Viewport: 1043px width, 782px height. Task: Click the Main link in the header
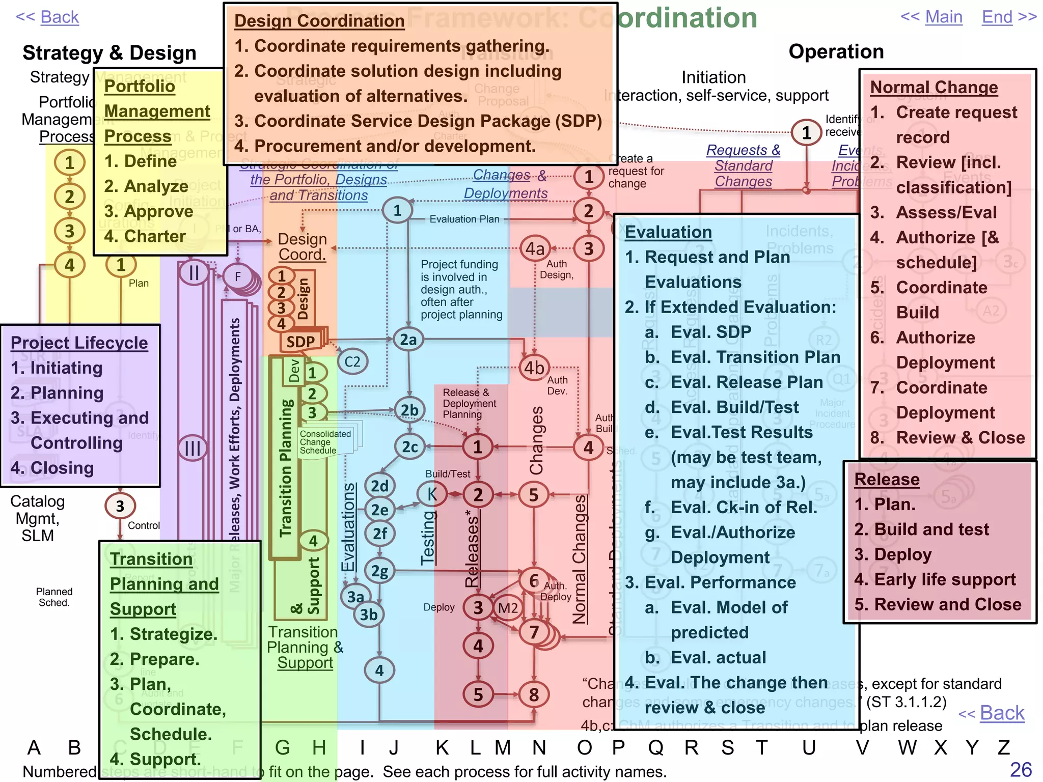[944, 17]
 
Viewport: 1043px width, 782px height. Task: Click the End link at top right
[997, 17]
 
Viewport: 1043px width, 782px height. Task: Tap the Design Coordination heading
[319, 21]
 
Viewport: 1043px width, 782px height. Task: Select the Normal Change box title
[934, 87]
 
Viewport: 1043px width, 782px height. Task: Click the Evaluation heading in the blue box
[668, 232]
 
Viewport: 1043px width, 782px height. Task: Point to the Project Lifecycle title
[79, 343]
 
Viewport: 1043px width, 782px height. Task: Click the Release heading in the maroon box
[887, 479]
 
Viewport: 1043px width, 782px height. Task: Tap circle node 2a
[408, 340]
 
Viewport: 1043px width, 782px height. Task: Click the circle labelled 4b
[534, 368]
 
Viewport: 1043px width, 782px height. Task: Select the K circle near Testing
[432, 494]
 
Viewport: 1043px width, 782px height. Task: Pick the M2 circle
[508, 608]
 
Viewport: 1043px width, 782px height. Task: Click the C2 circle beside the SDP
[352, 361]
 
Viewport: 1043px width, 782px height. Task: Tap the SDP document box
[300, 341]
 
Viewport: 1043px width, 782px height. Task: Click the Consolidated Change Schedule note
[326, 441]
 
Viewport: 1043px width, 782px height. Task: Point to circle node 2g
[379, 571]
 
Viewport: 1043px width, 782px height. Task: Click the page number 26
[1021, 769]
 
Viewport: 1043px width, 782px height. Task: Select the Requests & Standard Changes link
[743, 165]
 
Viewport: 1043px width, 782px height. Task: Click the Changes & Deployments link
[506, 184]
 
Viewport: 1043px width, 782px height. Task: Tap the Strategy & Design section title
[109, 53]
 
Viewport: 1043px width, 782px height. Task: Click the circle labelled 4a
[535, 249]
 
